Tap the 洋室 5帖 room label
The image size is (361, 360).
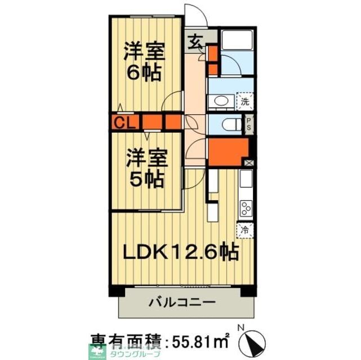pyautogui.click(x=146, y=168)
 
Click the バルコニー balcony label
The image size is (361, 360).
pyautogui.click(x=181, y=302)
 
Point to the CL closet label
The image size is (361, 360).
pyautogui.click(x=122, y=122)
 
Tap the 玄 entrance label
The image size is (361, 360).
pyautogui.click(x=195, y=41)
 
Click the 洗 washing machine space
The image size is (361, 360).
pyautogui.click(x=245, y=102)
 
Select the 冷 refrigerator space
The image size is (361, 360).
pyautogui.click(x=245, y=229)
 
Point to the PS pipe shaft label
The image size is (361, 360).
pyautogui.click(x=248, y=124)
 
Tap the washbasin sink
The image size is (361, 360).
pyautogui.click(x=220, y=101)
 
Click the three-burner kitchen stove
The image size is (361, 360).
pyautogui.click(x=246, y=208)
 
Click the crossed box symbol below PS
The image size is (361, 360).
pyautogui.click(x=249, y=162)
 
